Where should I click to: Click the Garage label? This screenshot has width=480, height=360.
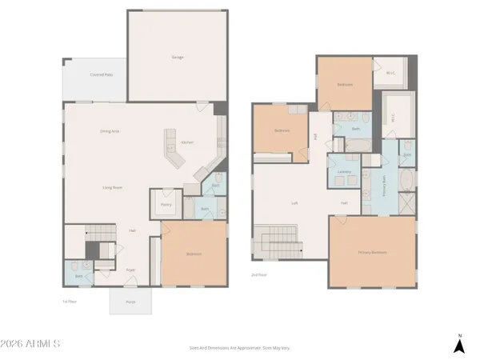click(178, 57)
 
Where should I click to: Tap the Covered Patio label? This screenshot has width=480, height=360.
click(100, 74)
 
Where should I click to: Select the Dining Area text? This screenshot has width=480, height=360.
click(110, 131)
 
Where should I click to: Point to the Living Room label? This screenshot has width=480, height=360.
click(112, 188)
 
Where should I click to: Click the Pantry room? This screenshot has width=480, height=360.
click(166, 204)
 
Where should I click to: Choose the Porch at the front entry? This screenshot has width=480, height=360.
click(130, 302)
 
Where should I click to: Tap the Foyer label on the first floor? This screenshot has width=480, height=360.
click(130, 270)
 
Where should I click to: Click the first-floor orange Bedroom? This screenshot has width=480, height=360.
click(194, 254)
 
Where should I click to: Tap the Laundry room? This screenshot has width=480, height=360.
click(344, 171)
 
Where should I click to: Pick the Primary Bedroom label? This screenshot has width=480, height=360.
click(372, 252)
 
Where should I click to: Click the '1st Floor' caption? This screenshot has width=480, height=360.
click(69, 301)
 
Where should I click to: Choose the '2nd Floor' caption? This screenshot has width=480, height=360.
click(259, 274)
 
